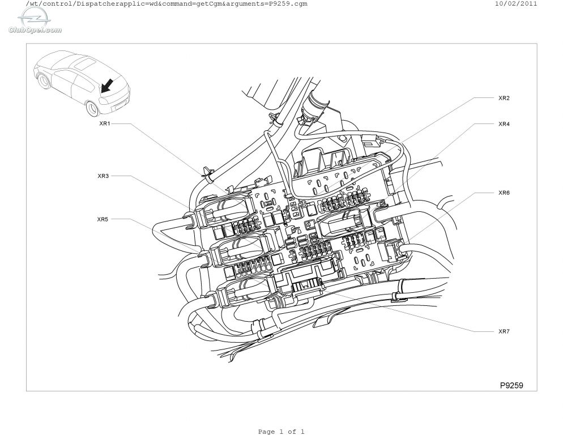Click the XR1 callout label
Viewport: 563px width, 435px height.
[104, 123]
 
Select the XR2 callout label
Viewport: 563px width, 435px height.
[504, 98]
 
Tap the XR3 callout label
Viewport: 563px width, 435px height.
[103, 176]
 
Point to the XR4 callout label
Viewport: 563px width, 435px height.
[504, 124]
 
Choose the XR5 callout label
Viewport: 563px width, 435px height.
[103, 219]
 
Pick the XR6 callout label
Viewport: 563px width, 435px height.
[504, 193]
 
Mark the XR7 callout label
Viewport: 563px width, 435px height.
[504, 331]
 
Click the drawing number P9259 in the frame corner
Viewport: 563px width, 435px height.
[511, 385]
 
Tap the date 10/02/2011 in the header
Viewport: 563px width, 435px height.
[516, 3]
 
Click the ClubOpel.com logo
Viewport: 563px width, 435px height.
[35, 22]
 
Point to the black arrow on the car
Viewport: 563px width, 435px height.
[108, 86]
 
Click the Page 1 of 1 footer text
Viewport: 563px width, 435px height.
[281, 432]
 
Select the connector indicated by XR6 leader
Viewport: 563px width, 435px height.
[394, 250]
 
